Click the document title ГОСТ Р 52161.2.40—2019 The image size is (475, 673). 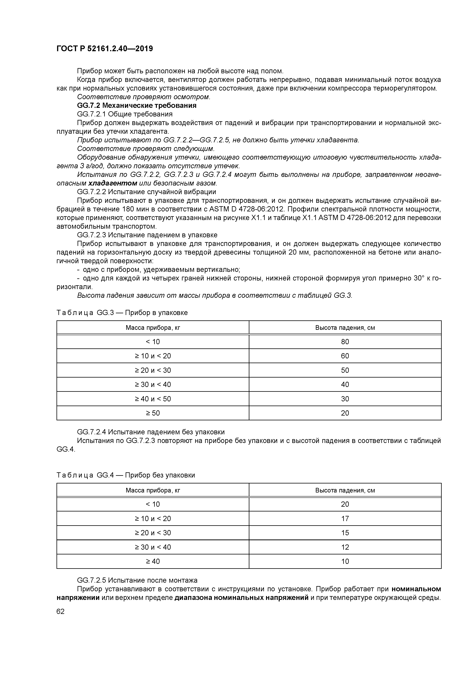coord(105,49)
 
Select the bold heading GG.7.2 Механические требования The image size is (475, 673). coord(137,106)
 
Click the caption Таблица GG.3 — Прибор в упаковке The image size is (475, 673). coord(122,313)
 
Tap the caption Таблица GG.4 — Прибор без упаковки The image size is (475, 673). coord(126,475)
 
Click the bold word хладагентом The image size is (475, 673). coord(113,183)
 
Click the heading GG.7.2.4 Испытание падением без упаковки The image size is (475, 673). coord(151,432)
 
